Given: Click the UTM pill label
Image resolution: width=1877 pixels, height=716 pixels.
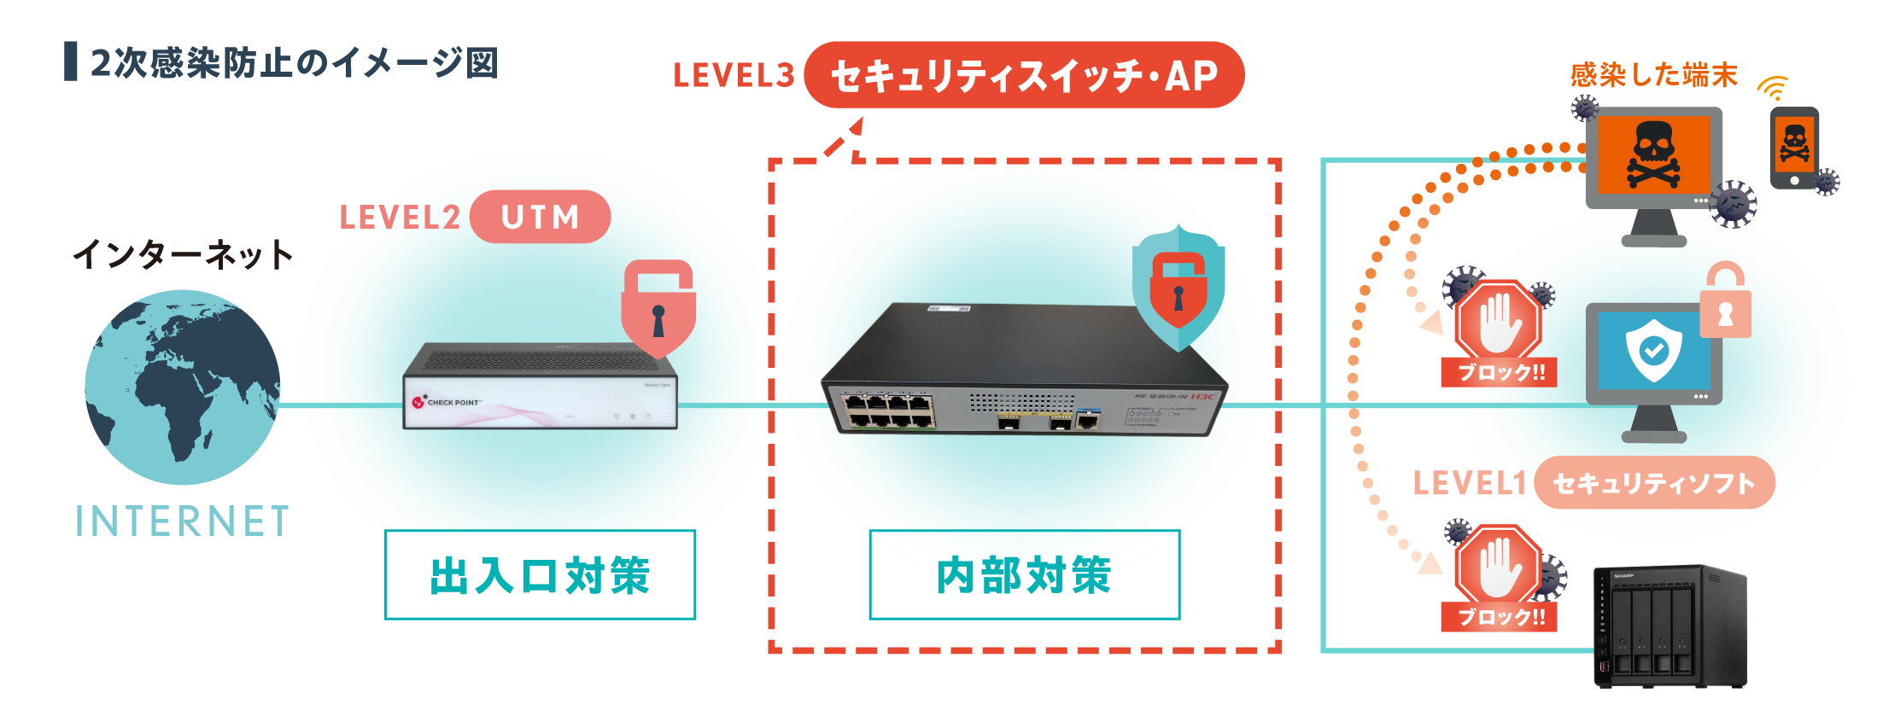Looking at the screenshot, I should click(x=540, y=217).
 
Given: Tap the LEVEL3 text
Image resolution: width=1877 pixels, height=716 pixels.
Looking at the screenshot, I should click(x=734, y=75).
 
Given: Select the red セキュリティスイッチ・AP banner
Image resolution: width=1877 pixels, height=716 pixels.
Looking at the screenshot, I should click(x=1023, y=75).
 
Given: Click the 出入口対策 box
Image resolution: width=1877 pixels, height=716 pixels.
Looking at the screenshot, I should click(x=540, y=575).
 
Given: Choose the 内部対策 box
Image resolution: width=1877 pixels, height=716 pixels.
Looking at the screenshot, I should click(x=1024, y=575).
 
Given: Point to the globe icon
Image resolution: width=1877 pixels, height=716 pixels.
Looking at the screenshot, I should click(x=182, y=387).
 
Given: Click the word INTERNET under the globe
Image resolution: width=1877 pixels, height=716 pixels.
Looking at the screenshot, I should click(x=182, y=521).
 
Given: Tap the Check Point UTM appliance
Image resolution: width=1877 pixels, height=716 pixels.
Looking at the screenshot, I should click(x=540, y=388).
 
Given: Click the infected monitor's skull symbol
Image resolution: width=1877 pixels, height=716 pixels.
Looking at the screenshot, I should click(x=1653, y=154).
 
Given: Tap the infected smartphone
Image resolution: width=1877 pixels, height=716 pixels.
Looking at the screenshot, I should click(x=1794, y=148).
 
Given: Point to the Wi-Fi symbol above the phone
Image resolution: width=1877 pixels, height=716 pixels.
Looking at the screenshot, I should click(x=1773, y=88).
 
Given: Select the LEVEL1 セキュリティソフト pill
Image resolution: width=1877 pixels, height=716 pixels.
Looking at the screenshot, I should click(x=1653, y=483).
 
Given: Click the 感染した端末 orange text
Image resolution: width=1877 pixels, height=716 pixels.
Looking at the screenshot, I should click(x=1653, y=75).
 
